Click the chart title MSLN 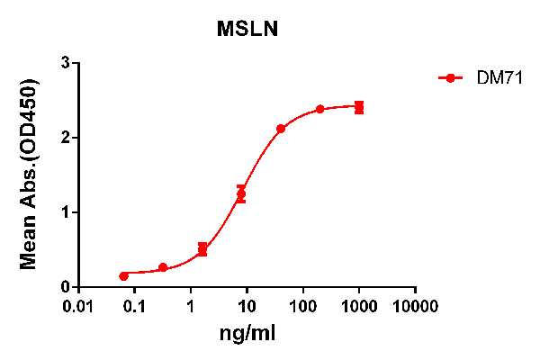pos(247,30)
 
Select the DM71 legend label pos(495,78)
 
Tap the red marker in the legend pos(450,78)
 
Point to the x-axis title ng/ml pos(247,335)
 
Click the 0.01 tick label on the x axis pos(78,306)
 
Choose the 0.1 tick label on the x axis pos(135,306)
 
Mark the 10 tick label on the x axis pos(247,306)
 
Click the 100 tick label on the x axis pos(303,306)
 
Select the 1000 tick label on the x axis pos(359,306)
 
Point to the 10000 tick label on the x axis pos(415,306)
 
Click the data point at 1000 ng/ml pos(359,108)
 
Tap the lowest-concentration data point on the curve pos(123,276)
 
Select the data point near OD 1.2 pos(241,193)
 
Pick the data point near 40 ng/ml pos(281,129)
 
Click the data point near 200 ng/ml pos(320,110)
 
